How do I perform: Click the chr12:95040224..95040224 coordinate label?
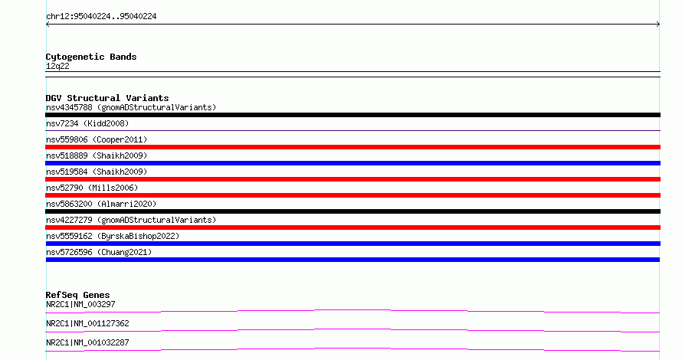101,17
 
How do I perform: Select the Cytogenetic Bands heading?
91,57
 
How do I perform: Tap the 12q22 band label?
57,66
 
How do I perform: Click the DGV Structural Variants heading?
107,98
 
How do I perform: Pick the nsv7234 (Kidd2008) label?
87,123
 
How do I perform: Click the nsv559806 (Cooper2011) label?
97,139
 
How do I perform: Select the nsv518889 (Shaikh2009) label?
97,155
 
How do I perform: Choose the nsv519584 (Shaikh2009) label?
97,172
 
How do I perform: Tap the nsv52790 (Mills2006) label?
92,188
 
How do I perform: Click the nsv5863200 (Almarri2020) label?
101,204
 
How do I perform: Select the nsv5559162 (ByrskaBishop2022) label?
113,236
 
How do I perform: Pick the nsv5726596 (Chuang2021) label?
99,252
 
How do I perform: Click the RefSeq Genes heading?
77,295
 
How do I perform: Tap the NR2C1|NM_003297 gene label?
80,304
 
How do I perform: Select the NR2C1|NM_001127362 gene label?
87,323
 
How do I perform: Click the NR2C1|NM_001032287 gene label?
87,342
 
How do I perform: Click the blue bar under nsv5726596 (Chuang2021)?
352,260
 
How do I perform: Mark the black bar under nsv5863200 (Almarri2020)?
352,211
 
